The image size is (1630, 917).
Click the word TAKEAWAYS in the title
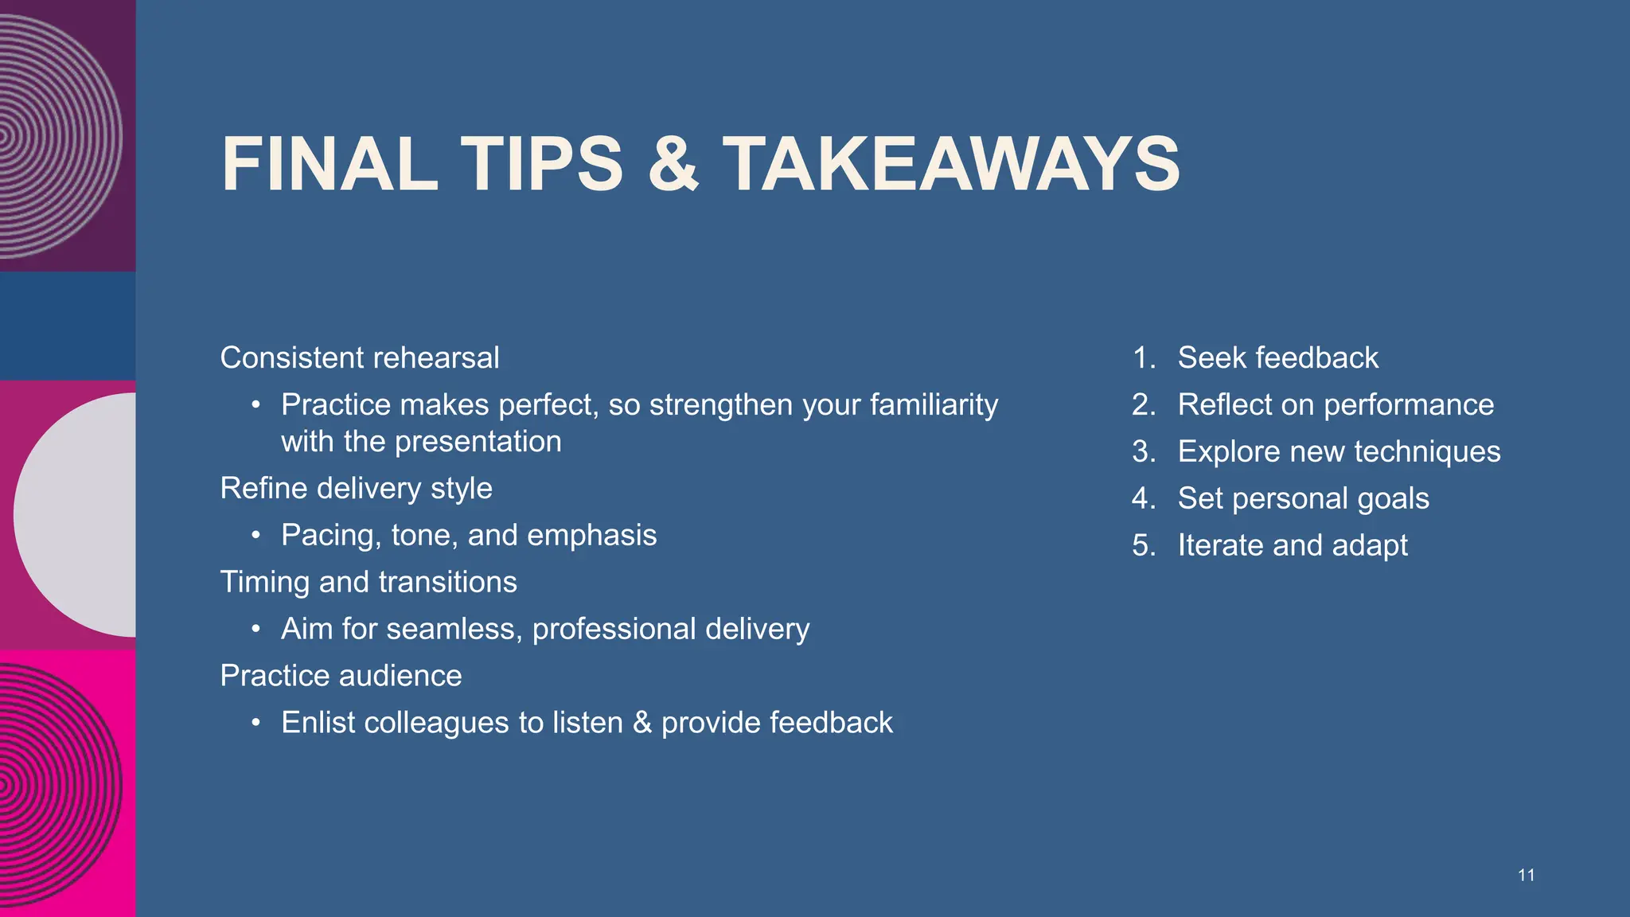click(x=951, y=165)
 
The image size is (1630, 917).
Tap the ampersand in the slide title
click(x=673, y=165)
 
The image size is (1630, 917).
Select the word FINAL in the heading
click(x=330, y=165)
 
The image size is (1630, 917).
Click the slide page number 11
click(x=1526, y=876)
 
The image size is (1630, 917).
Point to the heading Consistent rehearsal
click(x=360, y=358)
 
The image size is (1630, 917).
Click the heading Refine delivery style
click(x=356, y=488)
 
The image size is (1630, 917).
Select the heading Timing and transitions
click(x=369, y=582)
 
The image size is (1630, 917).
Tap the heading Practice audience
click(x=341, y=676)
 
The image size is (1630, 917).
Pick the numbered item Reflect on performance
click(x=1336, y=405)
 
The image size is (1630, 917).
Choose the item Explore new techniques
click(x=1339, y=452)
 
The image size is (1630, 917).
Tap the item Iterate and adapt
click(x=1293, y=546)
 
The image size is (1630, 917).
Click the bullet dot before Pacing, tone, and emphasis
click(x=255, y=535)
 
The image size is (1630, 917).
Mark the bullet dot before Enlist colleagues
click(x=255, y=723)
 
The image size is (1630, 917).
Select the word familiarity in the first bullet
click(x=934, y=405)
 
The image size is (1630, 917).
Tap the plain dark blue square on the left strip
click(x=68, y=326)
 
